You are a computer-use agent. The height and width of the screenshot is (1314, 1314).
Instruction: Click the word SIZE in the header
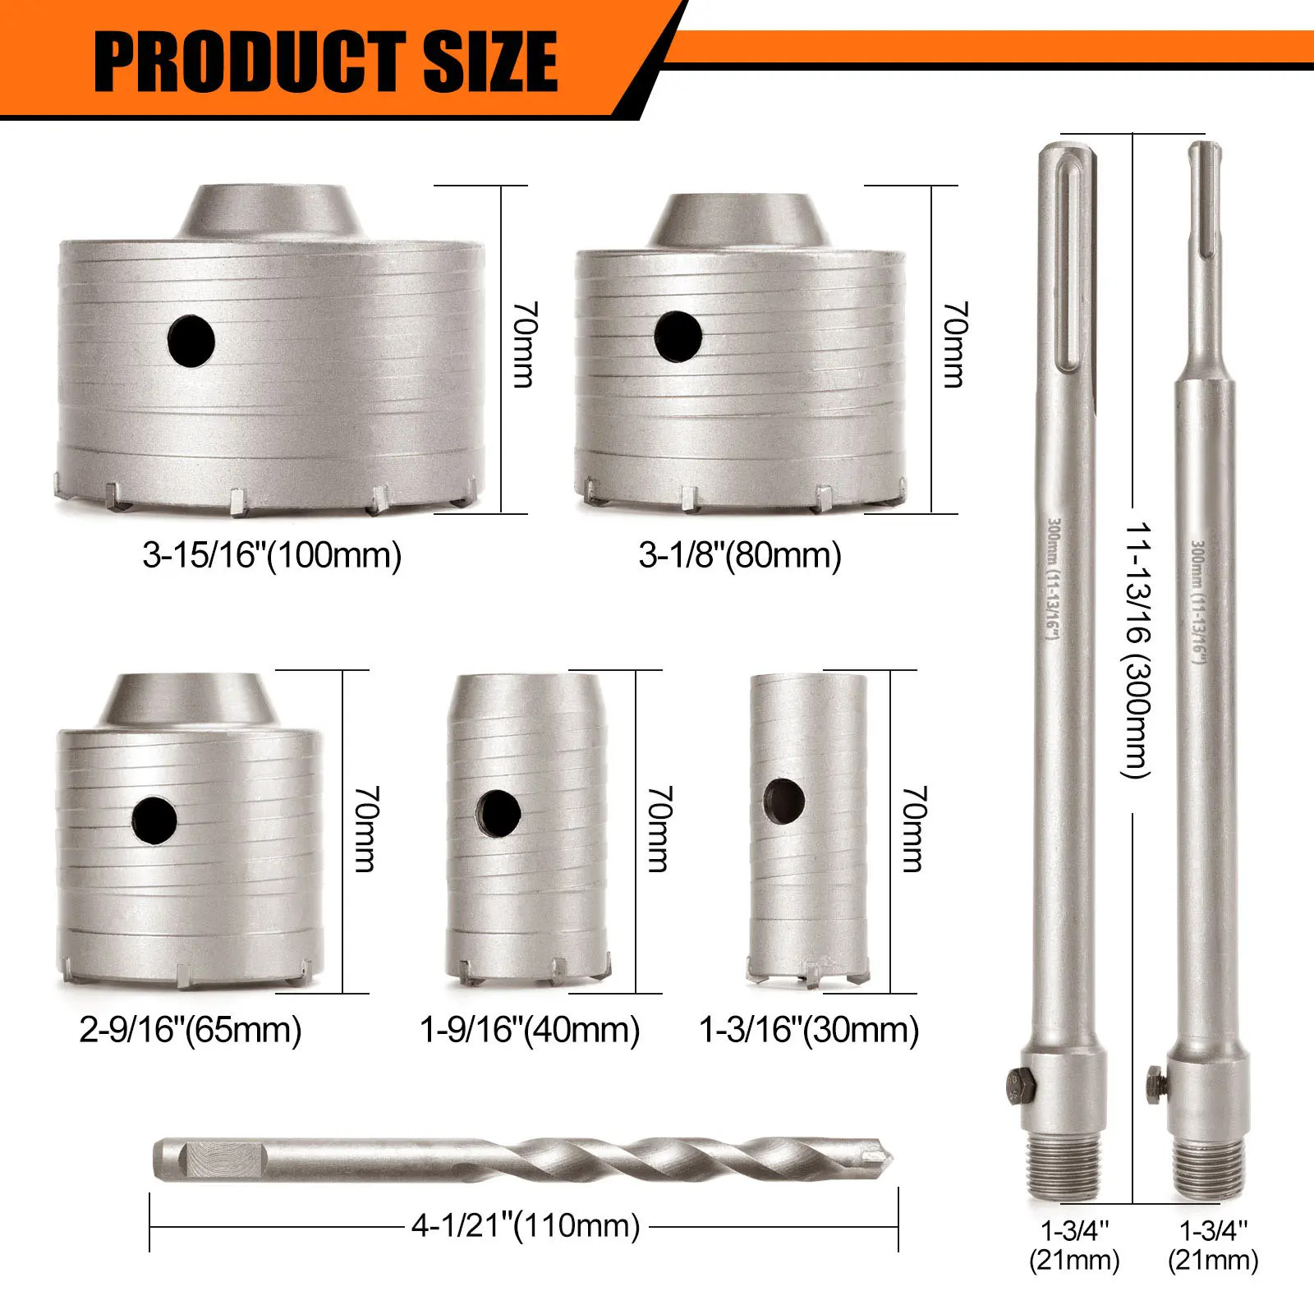click(x=491, y=62)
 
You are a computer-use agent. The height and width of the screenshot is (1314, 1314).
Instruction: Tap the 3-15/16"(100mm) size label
click(x=272, y=555)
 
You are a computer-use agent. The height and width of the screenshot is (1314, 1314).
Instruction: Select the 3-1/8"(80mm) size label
click(x=740, y=555)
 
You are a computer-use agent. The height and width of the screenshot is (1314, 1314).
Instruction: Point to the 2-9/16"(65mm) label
click(x=191, y=1029)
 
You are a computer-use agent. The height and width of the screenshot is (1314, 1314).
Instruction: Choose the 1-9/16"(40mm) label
click(x=530, y=1029)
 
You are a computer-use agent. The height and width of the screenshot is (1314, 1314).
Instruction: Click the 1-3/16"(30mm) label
click(x=809, y=1029)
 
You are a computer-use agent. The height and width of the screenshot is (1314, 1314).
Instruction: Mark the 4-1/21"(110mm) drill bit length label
click(x=526, y=1225)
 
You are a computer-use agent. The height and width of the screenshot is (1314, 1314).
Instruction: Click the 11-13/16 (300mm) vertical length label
click(x=1137, y=650)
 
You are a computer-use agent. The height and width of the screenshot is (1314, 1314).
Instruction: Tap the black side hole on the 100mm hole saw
click(x=191, y=341)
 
